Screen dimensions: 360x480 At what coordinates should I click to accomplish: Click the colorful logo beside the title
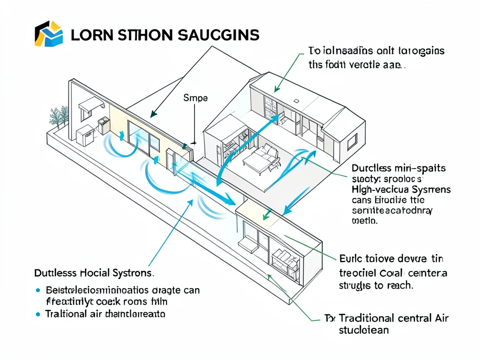tap(49, 34)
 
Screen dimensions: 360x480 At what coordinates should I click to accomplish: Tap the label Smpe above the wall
tap(195, 98)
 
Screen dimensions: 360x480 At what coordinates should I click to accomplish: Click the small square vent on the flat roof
tap(296, 100)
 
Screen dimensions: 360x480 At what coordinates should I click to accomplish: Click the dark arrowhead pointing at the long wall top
tap(153, 114)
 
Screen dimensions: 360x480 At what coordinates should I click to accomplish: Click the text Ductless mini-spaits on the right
tap(398, 168)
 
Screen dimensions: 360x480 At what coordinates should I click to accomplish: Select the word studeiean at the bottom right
tap(363, 330)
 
